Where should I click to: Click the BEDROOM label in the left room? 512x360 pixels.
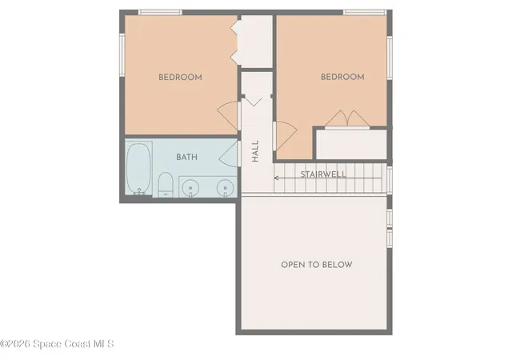click(180, 78)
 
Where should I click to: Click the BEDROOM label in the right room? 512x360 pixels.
click(342, 78)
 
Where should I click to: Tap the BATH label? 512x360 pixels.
click(187, 158)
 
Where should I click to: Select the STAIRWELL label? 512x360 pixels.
click(323, 174)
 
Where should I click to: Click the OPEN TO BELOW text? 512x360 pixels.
click(316, 265)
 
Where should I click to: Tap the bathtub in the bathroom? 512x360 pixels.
click(139, 168)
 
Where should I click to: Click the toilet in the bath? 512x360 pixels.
click(166, 184)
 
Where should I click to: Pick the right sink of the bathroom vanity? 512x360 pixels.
click(225, 187)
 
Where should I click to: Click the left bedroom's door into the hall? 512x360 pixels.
click(230, 114)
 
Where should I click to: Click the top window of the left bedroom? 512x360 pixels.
click(160, 12)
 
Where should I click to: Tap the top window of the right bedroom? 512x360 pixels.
click(366, 12)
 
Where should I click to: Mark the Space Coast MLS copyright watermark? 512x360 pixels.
click(58, 344)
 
